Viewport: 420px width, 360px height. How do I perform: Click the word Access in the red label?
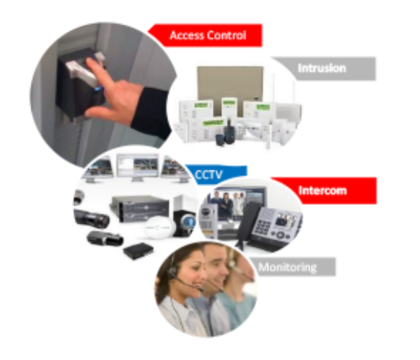pos(185,35)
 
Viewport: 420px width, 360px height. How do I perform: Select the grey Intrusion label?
pos(323,68)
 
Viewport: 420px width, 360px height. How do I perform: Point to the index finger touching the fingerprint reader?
pos(97,68)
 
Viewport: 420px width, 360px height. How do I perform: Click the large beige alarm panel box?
pos(230,82)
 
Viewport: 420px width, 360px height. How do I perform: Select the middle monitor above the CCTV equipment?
pos(137,165)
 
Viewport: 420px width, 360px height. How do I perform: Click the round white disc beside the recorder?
pos(159,226)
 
